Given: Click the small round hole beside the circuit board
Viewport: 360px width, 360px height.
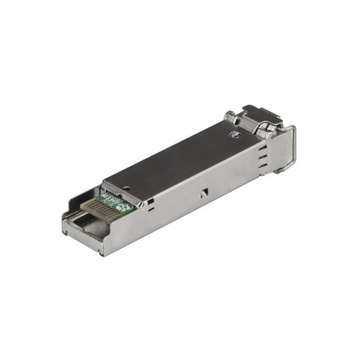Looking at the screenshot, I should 127,188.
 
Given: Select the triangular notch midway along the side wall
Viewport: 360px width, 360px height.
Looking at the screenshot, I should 204,193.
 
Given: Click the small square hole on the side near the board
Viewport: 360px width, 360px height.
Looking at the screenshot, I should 151,200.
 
